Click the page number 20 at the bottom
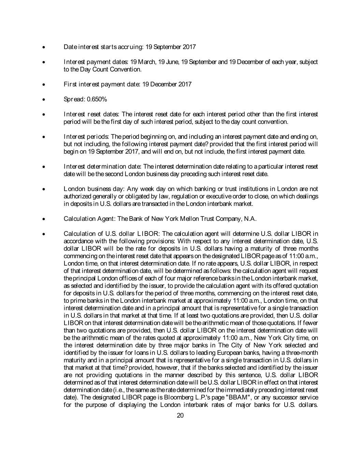[x=181, y=415]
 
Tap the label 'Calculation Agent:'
[x=90, y=219]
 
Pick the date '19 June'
[x=169, y=62]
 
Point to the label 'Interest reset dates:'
[x=91, y=114]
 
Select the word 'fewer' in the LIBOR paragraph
[x=310, y=323]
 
